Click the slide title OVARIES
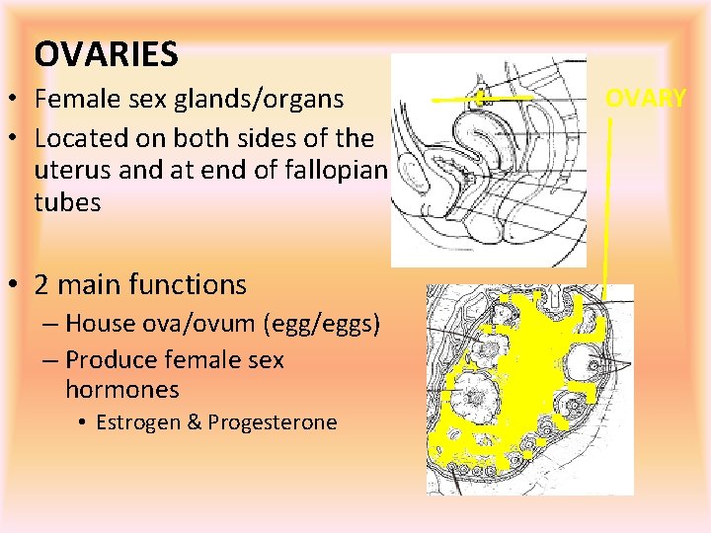point(106,54)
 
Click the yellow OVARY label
point(646,98)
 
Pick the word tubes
point(67,202)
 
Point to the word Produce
point(107,360)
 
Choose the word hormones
point(122,390)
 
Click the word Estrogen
point(136,422)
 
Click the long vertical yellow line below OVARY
point(607,197)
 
